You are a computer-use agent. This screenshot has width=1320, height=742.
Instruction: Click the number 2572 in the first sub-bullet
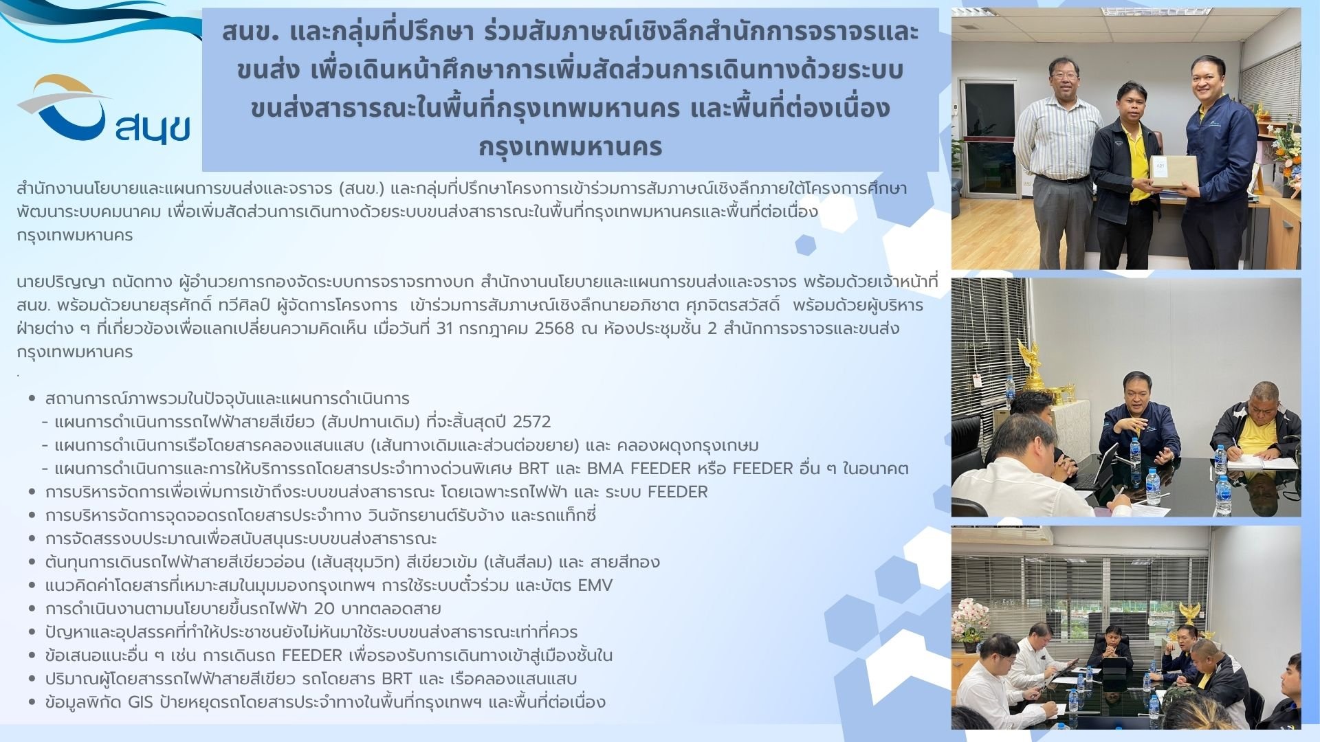[x=531, y=421]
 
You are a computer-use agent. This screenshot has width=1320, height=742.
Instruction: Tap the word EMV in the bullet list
[x=595, y=585]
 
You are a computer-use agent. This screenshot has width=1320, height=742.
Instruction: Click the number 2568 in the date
[x=553, y=328]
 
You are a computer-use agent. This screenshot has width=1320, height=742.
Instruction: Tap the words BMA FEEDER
[x=639, y=469]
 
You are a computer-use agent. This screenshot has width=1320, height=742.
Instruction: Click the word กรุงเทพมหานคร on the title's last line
[x=570, y=146]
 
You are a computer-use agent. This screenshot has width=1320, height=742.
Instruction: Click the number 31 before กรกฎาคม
[x=445, y=328]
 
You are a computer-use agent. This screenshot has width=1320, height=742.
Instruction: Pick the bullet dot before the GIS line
[x=32, y=702]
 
